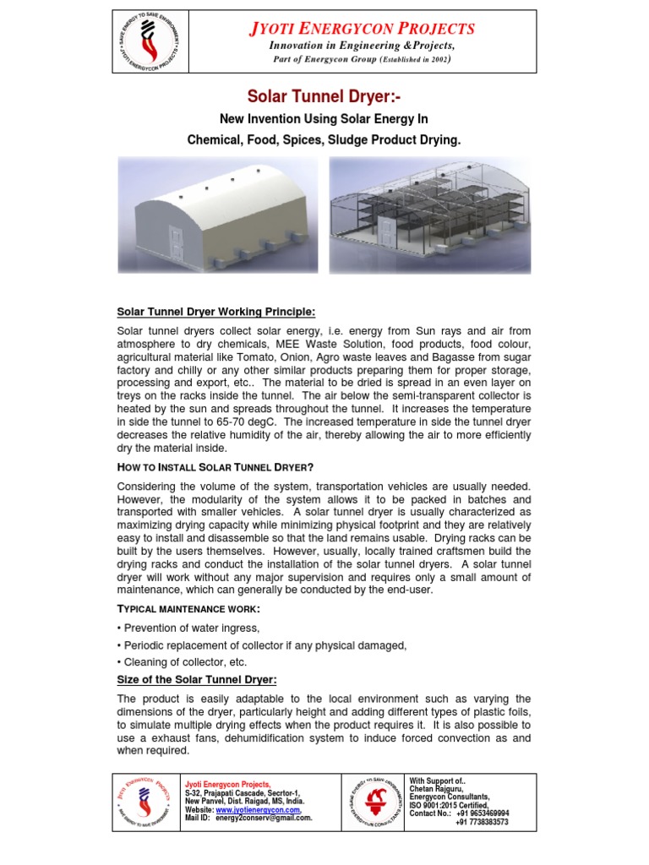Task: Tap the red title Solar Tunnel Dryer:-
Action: click(x=324, y=96)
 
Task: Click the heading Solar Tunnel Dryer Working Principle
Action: click(x=216, y=312)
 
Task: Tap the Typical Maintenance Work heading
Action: click(x=188, y=609)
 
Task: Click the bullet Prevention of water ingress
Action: click(x=191, y=628)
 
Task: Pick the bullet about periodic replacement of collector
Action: click(x=262, y=645)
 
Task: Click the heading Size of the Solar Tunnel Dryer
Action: click(x=197, y=680)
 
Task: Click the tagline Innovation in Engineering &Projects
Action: click(x=362, y=46)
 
